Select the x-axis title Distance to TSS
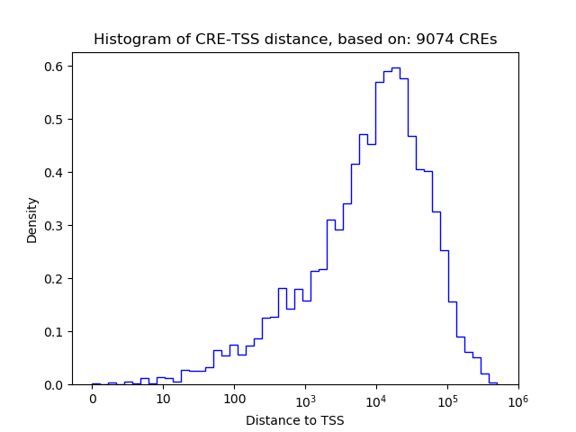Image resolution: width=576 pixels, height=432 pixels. click(x=295, y=419)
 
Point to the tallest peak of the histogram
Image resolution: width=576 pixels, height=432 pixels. click(x=396, y=67)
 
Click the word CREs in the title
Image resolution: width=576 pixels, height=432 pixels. click(x=478, y=40)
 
